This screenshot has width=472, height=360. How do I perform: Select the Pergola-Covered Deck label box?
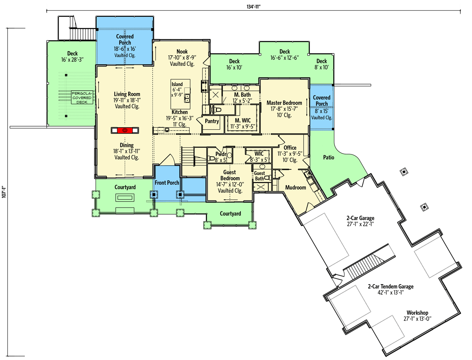click(82, 97)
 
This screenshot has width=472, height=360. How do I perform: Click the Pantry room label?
click(212, 121)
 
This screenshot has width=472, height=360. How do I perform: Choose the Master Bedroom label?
click(284, 103)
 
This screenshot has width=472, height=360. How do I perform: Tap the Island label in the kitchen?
click(177, 84)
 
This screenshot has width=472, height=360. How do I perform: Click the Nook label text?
click(182, 51)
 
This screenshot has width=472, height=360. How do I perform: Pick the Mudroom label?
click(295, 187)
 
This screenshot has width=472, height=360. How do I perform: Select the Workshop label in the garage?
click(417, 313)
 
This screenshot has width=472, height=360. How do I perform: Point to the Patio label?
click(328, 158)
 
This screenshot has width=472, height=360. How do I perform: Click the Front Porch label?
click(167, 183)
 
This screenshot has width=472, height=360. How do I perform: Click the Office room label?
click(290, 148)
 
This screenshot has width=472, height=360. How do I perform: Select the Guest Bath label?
click(259, 176)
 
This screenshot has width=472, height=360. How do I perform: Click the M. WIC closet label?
click(243, 120)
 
